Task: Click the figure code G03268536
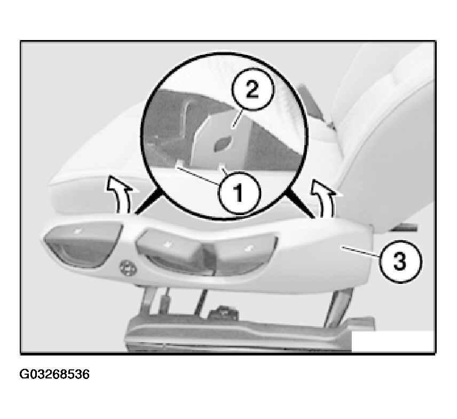54,374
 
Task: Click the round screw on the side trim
128,267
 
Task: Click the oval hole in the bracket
223,144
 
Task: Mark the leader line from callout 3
360,251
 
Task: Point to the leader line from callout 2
237,119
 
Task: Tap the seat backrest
388,131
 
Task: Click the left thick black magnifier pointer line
148,201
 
